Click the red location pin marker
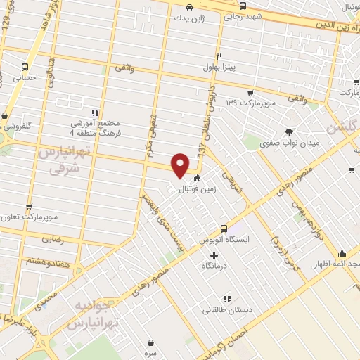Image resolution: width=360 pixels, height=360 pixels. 181,165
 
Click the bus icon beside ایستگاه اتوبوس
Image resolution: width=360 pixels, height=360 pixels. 224,228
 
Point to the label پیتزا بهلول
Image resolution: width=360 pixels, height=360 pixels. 229,67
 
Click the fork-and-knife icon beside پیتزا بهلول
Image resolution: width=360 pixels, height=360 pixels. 219,56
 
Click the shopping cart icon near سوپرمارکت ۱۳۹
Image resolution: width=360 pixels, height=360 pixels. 250,92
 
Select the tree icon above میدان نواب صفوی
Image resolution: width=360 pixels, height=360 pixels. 288,131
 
